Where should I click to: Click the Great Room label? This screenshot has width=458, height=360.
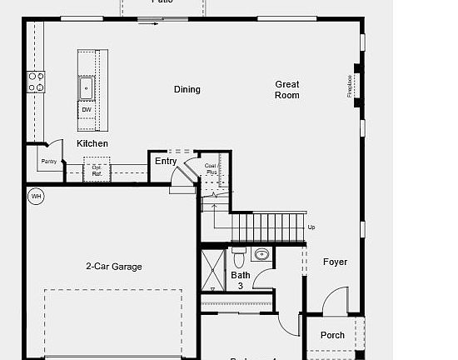tap(287, 90)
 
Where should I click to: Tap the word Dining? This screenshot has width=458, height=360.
tap(187, 89)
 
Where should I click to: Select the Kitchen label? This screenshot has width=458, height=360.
tap(92, 143)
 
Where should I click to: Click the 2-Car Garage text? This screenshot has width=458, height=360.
tap(113, 267)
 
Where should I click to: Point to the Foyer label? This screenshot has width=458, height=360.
tap(335, 262)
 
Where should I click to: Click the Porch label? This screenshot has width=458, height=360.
tap(332, 335)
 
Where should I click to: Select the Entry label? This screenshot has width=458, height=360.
tap(166, 162)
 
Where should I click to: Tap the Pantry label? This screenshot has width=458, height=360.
tap(49, 162)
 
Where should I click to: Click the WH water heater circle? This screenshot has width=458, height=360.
tap(36, 197)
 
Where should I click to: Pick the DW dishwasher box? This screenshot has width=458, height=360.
tap(87, 110)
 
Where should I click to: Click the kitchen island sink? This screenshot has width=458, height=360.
tap(86, 87)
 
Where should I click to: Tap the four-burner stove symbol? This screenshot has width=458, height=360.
tap(37, 81)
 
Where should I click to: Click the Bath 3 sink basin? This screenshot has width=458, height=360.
tap(262, 254)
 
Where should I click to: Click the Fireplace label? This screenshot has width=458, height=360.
tap(351, 85)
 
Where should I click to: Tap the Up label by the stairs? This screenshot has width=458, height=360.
tap(311, 227)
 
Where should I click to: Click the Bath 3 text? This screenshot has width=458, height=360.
tap(241, 280)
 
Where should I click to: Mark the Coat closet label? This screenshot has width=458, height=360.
tap(211, 168)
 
